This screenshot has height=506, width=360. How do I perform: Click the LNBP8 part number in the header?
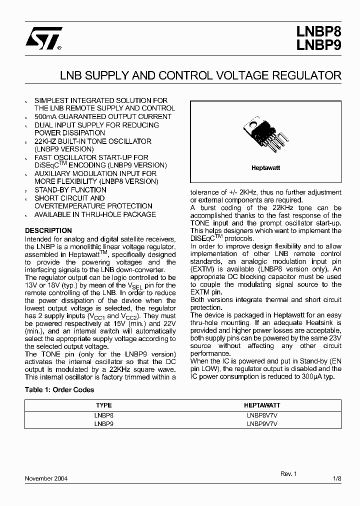(318, 33)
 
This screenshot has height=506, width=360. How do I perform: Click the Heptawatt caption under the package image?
(265, 168)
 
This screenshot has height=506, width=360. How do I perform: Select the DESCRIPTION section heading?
(48, 230)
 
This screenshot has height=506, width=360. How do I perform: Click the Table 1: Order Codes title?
(59, 389)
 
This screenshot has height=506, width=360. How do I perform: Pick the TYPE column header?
(103, 405)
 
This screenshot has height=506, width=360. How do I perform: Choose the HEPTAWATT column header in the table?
(262, 405)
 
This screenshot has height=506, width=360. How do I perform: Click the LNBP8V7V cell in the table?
(262, 415)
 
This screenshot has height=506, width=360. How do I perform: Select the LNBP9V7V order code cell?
(262, 423)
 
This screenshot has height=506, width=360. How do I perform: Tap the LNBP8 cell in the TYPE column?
(103, 415)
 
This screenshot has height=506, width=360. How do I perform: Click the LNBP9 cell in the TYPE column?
(103, 423)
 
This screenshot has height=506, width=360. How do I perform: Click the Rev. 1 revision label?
(288, 473)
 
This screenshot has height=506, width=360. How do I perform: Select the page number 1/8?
(337, 478)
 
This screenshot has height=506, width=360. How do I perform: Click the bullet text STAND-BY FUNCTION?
(70, 190)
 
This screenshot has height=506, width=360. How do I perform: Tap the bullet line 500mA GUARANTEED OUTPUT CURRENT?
(102, 116)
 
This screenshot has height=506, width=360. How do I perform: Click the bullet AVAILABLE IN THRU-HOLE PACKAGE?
(95, 214)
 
